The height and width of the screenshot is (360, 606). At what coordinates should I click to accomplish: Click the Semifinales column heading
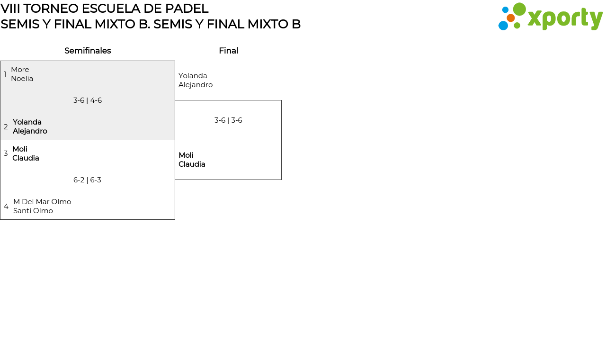(88, 51)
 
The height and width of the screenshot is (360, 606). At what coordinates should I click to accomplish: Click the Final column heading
(228, 51)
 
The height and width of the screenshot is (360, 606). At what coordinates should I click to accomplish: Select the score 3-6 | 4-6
(88, 100)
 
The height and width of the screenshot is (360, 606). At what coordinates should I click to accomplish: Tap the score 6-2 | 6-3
(87, 180)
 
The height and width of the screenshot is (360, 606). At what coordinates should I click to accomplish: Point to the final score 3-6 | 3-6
(228, 120)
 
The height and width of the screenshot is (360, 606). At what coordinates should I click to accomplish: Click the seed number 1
(5, 74)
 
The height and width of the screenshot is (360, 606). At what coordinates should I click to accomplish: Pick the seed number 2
(6, 127)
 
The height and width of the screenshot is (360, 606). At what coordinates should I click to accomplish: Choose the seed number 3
(6, 153)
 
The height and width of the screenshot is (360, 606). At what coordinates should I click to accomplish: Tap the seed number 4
(6, 207)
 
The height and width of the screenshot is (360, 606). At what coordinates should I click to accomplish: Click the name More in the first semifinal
(20, 70)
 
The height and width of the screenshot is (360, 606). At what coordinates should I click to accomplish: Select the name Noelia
(22, 79)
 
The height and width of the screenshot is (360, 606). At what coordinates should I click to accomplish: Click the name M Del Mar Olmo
(42, 202)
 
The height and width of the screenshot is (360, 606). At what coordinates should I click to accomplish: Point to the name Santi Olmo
(33, 211)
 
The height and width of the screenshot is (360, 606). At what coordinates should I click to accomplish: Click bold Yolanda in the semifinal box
(27, 122)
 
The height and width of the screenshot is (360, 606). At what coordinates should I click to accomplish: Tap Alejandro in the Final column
(196, 85)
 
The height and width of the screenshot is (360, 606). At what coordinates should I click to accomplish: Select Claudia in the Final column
(192, 164)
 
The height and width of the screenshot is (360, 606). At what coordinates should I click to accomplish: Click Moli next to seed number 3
(20, 149)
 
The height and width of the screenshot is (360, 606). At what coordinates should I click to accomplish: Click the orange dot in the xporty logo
(510, 18)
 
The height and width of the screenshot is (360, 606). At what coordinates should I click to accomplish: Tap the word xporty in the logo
(565, 18)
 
